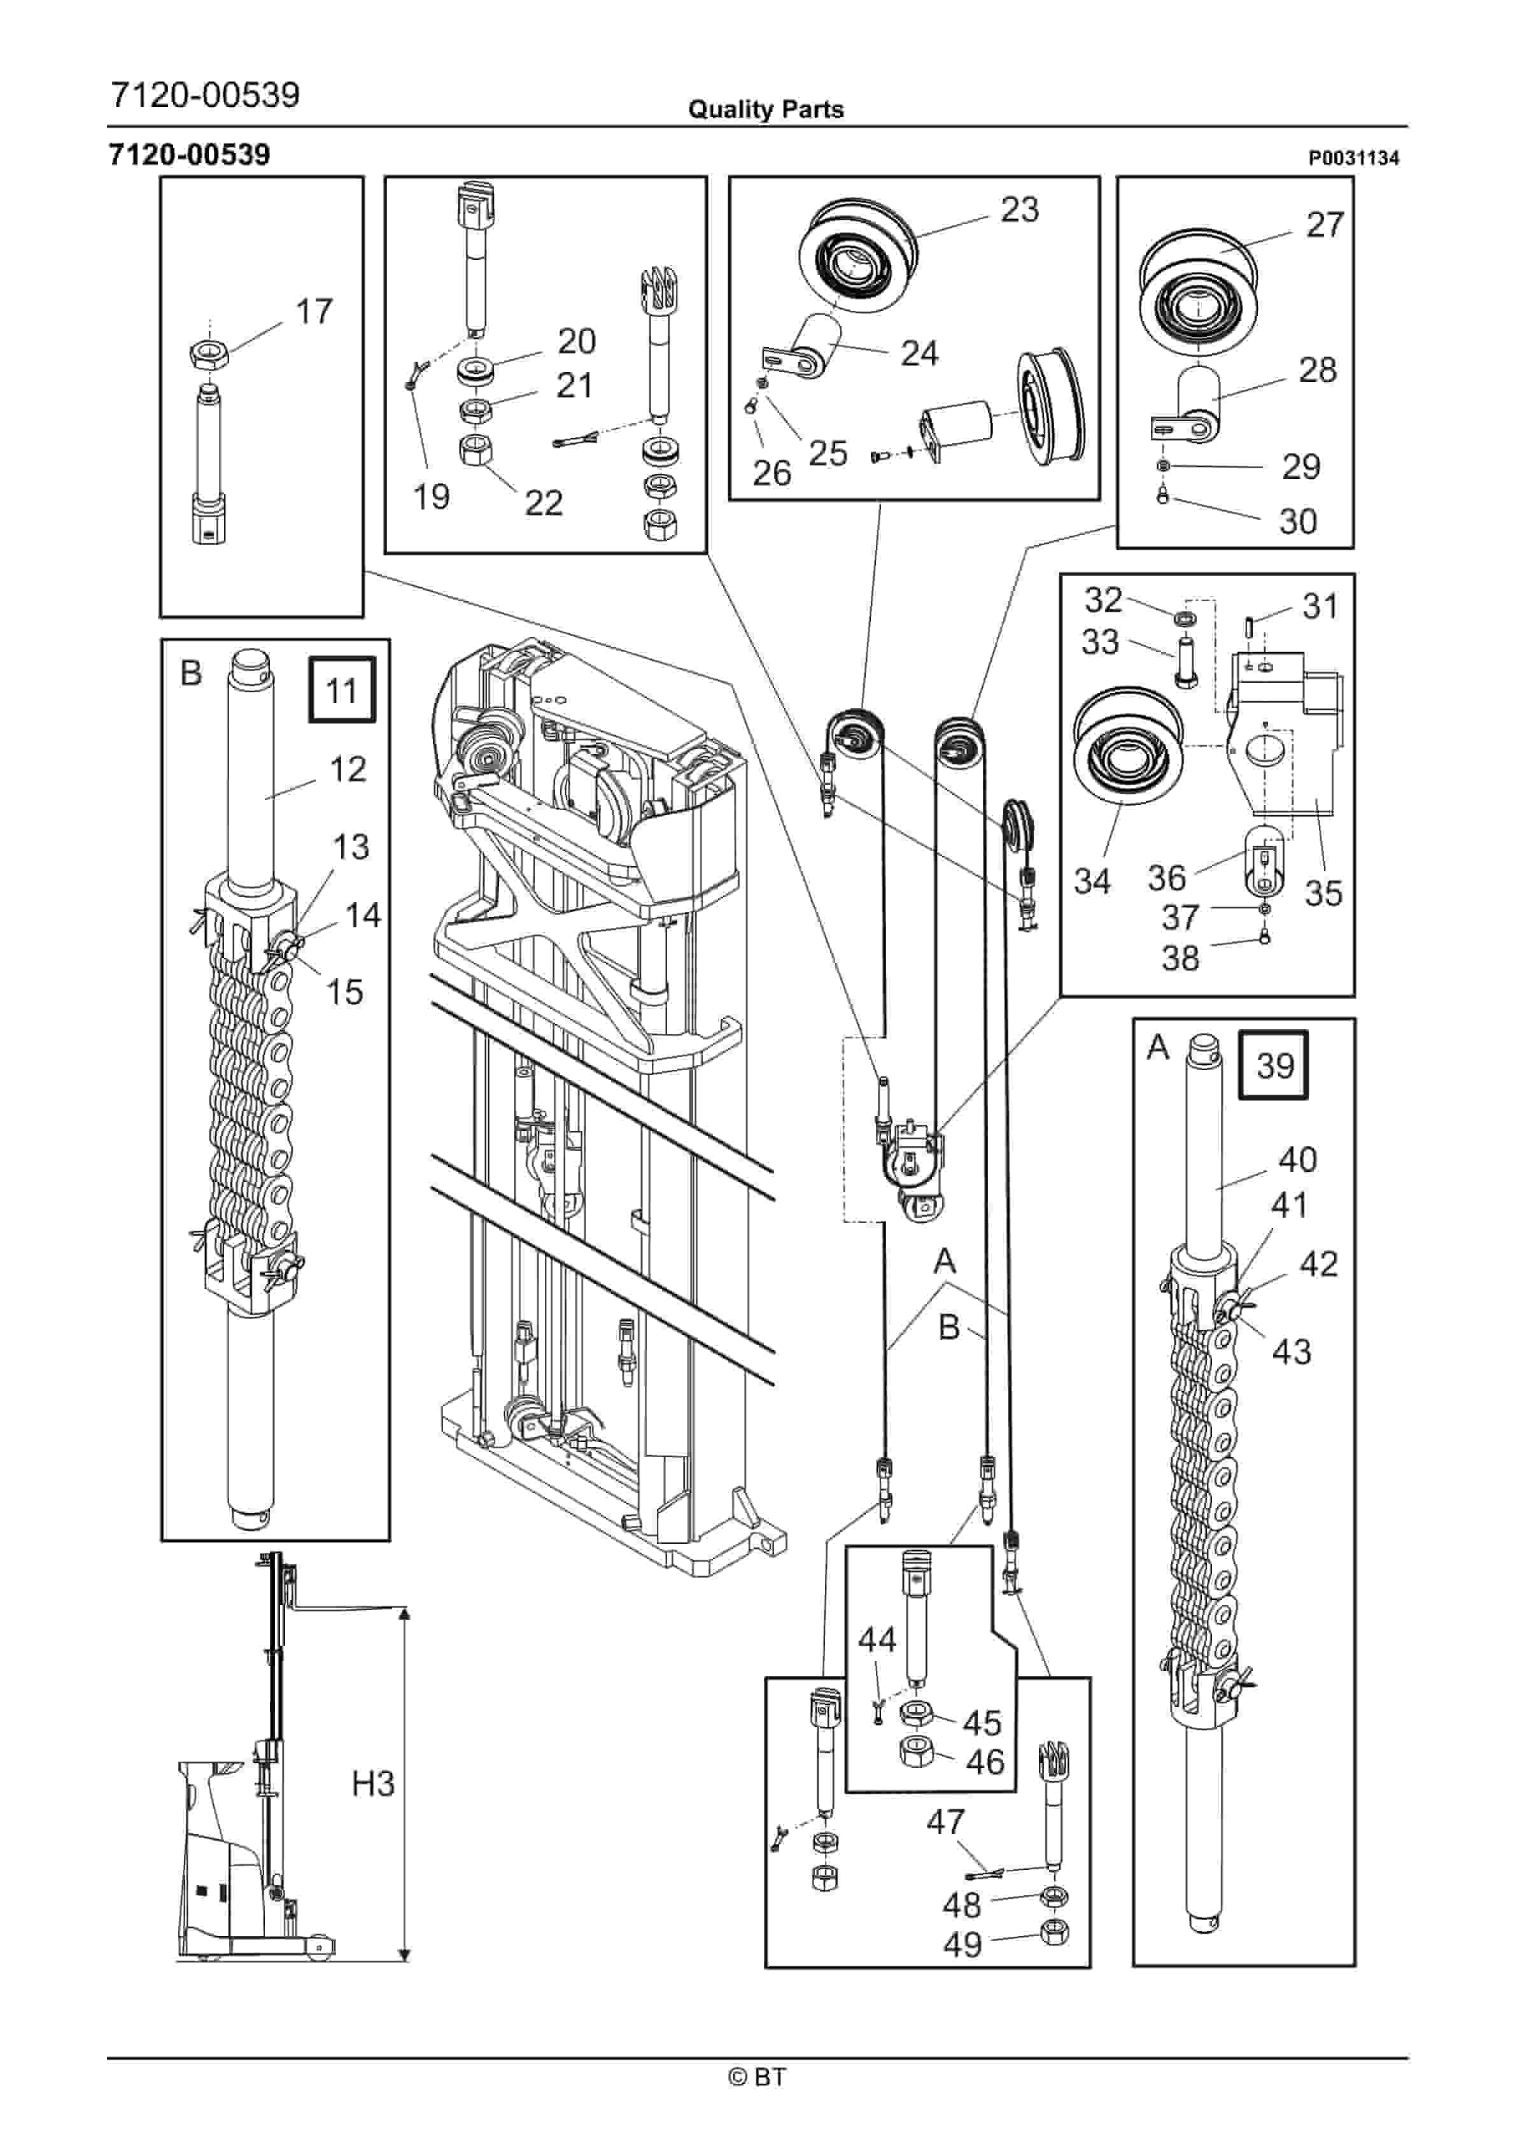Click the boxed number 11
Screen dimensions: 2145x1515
(x=342, y=690)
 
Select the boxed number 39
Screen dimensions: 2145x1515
(x=1274, y=1065)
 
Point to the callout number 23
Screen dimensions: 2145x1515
(x=1019, y=210)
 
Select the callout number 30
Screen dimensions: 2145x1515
(x=1297, y=522)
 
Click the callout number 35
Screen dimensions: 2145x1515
(x=1323, y=893)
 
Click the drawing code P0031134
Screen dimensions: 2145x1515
(x=1353, y=159)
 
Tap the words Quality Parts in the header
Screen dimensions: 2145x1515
(x=765, y=110)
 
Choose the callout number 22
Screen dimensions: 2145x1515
(x=544, y=504)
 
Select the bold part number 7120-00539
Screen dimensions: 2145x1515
(x=190, y=154)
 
